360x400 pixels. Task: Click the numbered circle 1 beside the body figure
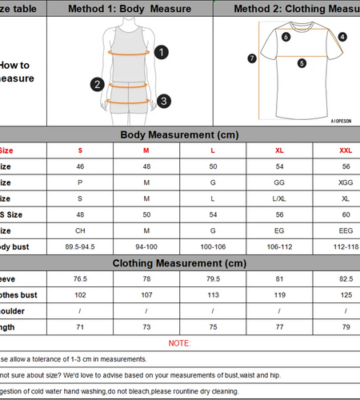[x=162, y=52]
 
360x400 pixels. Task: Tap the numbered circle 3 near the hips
[x=163, y=101]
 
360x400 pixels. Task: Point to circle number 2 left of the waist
[x=98, y=84]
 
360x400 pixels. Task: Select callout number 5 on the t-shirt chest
[x=302, y=63]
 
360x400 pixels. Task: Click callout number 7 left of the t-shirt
[x=252, y=58]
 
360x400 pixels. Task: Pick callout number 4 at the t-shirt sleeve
[x=342, y=37]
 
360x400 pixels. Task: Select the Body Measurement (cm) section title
[x=179, y=135]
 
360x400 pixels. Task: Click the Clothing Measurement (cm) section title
[x=179, y=263]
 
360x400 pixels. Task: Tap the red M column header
[x=146, y=150]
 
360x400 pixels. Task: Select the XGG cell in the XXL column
[x=345, y=182]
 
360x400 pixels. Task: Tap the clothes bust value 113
[x=213, y=295]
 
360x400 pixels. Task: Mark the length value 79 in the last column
[x=345, y=327]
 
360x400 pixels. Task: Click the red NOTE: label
[x=179, y=343]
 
